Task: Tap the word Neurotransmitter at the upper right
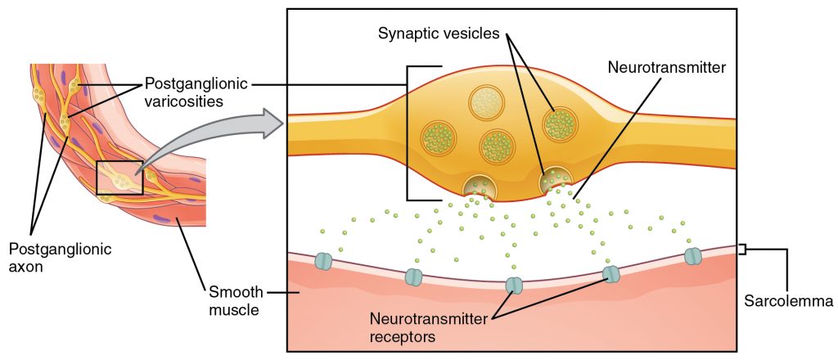(x=666, y=68)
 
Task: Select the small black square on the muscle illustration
(x=119, y=178)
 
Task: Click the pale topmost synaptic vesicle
(x=484, y=103)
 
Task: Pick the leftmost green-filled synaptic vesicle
(x=438, y=138)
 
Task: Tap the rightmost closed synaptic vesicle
(x=561, y=124)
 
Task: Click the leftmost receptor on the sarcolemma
(x=324, y=261)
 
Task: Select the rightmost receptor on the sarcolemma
(x=693, y=256)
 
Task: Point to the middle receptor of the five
(x=514, y=286)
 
